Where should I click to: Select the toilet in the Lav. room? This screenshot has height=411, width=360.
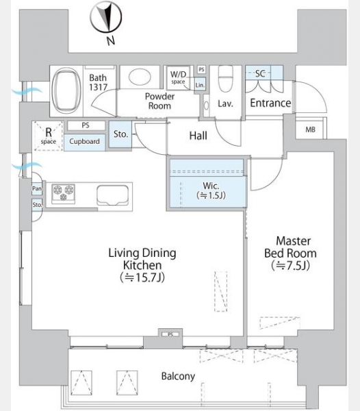coord(225,79)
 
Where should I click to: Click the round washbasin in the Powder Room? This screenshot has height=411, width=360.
coord(140,77)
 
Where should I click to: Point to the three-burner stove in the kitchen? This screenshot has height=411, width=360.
coord(64,194)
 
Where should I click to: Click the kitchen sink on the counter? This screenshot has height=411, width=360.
coord(112,195)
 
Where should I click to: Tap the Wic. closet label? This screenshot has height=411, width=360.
coord(211,186)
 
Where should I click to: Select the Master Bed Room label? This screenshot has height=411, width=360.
coord(291,247)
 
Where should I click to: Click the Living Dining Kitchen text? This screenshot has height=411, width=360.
coord(142,259)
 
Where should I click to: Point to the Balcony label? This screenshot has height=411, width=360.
coord(178,376)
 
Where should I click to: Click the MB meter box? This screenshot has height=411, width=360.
coord(310,129)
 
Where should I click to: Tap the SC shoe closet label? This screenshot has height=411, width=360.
coord(260,74)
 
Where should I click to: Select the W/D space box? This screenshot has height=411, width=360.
coord(179,77)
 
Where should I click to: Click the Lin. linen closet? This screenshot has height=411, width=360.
coord(200,84)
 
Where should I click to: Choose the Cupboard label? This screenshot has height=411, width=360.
coord(84,142)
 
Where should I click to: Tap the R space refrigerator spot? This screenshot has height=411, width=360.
coord(48,136)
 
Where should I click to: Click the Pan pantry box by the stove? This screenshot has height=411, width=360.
coord(37,188)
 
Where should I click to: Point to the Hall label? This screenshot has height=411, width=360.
coord(198,136)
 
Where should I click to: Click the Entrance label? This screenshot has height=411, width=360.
coord(270,103)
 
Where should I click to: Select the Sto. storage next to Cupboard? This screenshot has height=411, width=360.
coord(120,134)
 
